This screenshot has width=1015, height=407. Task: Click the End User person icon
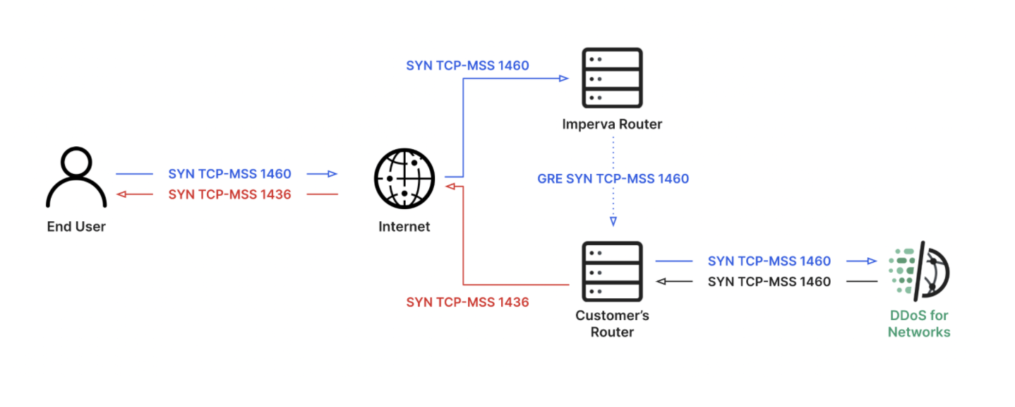point(76,177)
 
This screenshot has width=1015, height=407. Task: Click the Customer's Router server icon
point(612,271)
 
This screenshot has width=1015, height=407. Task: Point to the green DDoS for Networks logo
point(918,271)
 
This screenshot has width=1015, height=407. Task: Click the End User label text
point(76,227)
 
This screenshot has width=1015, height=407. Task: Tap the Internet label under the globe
point(404,227)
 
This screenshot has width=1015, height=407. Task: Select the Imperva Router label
point(612,124)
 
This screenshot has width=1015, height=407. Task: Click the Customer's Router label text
point(612,323)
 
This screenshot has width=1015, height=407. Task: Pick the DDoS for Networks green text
point(919,324)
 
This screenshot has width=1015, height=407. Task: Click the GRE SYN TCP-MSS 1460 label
point(613,179)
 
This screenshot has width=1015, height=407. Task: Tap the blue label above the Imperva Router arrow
point(467,66)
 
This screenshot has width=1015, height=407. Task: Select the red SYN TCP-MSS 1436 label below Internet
point(467,302)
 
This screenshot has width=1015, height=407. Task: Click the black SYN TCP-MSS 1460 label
point(769,282)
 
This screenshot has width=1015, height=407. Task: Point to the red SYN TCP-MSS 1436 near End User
point(229,194)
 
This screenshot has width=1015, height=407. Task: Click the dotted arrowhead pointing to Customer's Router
point(613,221)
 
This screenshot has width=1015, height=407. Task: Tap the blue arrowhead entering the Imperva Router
point(564,78)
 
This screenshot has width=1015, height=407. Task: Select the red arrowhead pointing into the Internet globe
point(450,187)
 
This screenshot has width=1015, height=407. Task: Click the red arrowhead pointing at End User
point(121,194)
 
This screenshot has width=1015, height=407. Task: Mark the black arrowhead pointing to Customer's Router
point(661,282)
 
